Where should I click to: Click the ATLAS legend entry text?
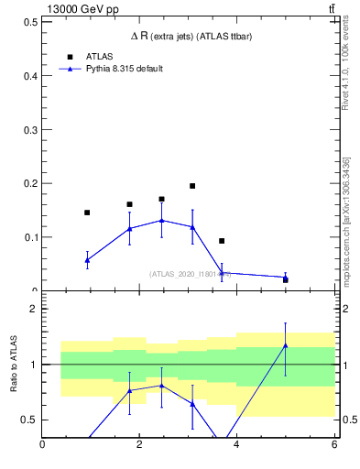[x=99, y=56]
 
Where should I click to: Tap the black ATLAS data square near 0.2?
[x=192, y=186]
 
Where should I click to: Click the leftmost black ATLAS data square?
[x=87, y=213]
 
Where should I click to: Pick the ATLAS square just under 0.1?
[x=222, y=241]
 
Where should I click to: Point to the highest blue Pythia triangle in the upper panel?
[x=161, y=220]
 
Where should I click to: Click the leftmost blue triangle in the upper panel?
[x=87, y=260]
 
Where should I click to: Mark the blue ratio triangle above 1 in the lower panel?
[x=286, y=345]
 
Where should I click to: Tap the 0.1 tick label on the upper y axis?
[x=28, y=237]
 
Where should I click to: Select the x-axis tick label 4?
[x=237, y=445]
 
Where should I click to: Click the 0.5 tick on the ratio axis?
[x=28, y=420]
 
